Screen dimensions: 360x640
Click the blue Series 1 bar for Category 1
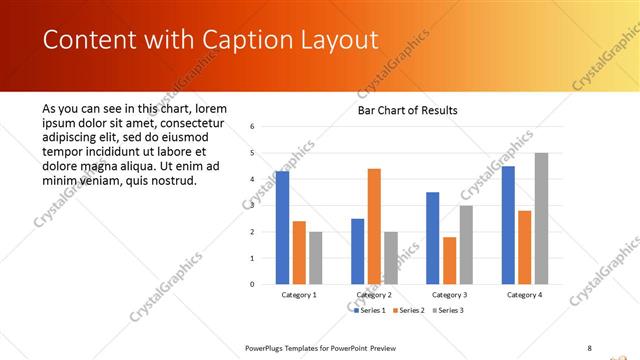(282, 228)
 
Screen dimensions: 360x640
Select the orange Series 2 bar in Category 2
(374, 226)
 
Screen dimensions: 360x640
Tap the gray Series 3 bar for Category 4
(541, 218)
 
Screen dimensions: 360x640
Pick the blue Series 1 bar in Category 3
(432, 238)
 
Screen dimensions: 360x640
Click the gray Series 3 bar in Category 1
(315, 258)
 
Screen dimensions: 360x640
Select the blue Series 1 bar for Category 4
(508, 225)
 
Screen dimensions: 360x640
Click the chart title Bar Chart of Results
(408, 110)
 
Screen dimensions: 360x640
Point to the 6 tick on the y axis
(252, 127)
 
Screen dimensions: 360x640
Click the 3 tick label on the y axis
(252, 205)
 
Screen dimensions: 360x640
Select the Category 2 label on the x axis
(373, 295)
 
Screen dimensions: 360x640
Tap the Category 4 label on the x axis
(524, 295)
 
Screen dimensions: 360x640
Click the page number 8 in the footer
(589, 347)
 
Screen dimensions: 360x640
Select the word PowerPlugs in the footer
(268, 347)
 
